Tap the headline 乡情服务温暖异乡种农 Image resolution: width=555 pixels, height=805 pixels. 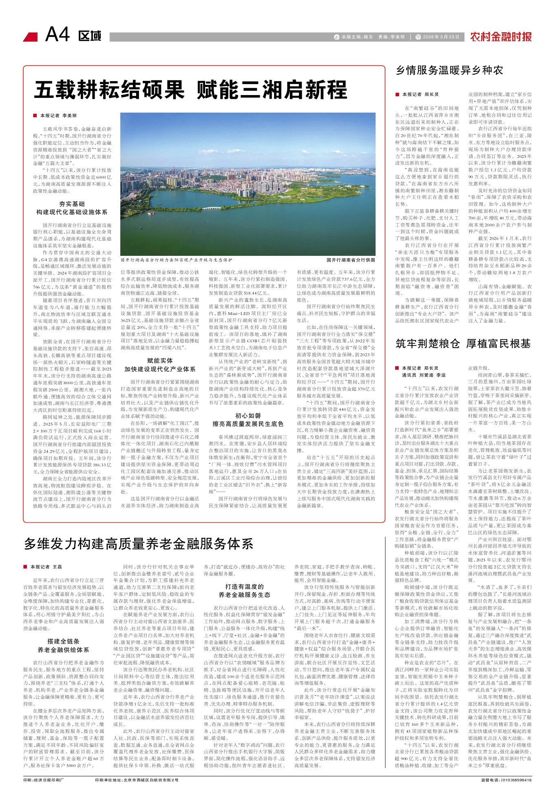click(x=449, y=70)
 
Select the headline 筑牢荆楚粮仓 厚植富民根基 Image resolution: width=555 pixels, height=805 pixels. click(x=463, y=344)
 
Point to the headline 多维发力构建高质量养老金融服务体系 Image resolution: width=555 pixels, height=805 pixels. click(x=139, y=544)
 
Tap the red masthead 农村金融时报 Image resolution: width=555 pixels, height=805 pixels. click(x=501, y=37)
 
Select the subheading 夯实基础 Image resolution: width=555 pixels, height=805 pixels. click(x=72, y=204)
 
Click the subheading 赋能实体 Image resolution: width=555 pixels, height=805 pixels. click(x=160, y=361)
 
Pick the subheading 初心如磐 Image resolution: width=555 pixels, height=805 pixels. click(x=248, y=416)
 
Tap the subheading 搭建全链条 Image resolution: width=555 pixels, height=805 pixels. click(x=63, y=641)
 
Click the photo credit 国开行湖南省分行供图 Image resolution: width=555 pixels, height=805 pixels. click(x=350, y=260)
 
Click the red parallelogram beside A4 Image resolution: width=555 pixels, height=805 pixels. click(x=31, y=37)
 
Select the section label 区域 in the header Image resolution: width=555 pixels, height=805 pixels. click(x=90, y=36)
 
